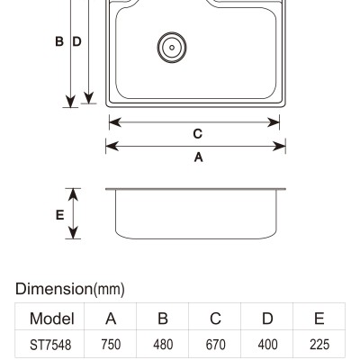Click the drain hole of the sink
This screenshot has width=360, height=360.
172,48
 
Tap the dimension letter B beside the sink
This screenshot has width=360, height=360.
59,41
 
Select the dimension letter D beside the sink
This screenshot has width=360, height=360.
77,41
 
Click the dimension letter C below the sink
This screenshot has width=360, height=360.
198,134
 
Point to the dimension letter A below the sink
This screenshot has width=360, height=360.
199,157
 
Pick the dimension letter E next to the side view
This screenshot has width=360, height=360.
59,215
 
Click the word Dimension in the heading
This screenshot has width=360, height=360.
54,289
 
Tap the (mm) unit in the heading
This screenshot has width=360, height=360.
109,290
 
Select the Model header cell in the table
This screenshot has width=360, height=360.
52,319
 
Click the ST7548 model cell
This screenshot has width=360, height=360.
50,345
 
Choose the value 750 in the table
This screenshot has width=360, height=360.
111,345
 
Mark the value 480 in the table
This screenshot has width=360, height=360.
163,345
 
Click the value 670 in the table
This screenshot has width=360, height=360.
215,345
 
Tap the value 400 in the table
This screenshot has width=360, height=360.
267,345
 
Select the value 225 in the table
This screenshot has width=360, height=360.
319,345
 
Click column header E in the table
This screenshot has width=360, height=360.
319,319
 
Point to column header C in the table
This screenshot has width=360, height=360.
215,319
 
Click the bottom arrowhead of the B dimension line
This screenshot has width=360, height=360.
70,102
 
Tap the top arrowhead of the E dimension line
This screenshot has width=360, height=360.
73,194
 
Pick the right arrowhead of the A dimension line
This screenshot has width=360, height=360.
279,147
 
